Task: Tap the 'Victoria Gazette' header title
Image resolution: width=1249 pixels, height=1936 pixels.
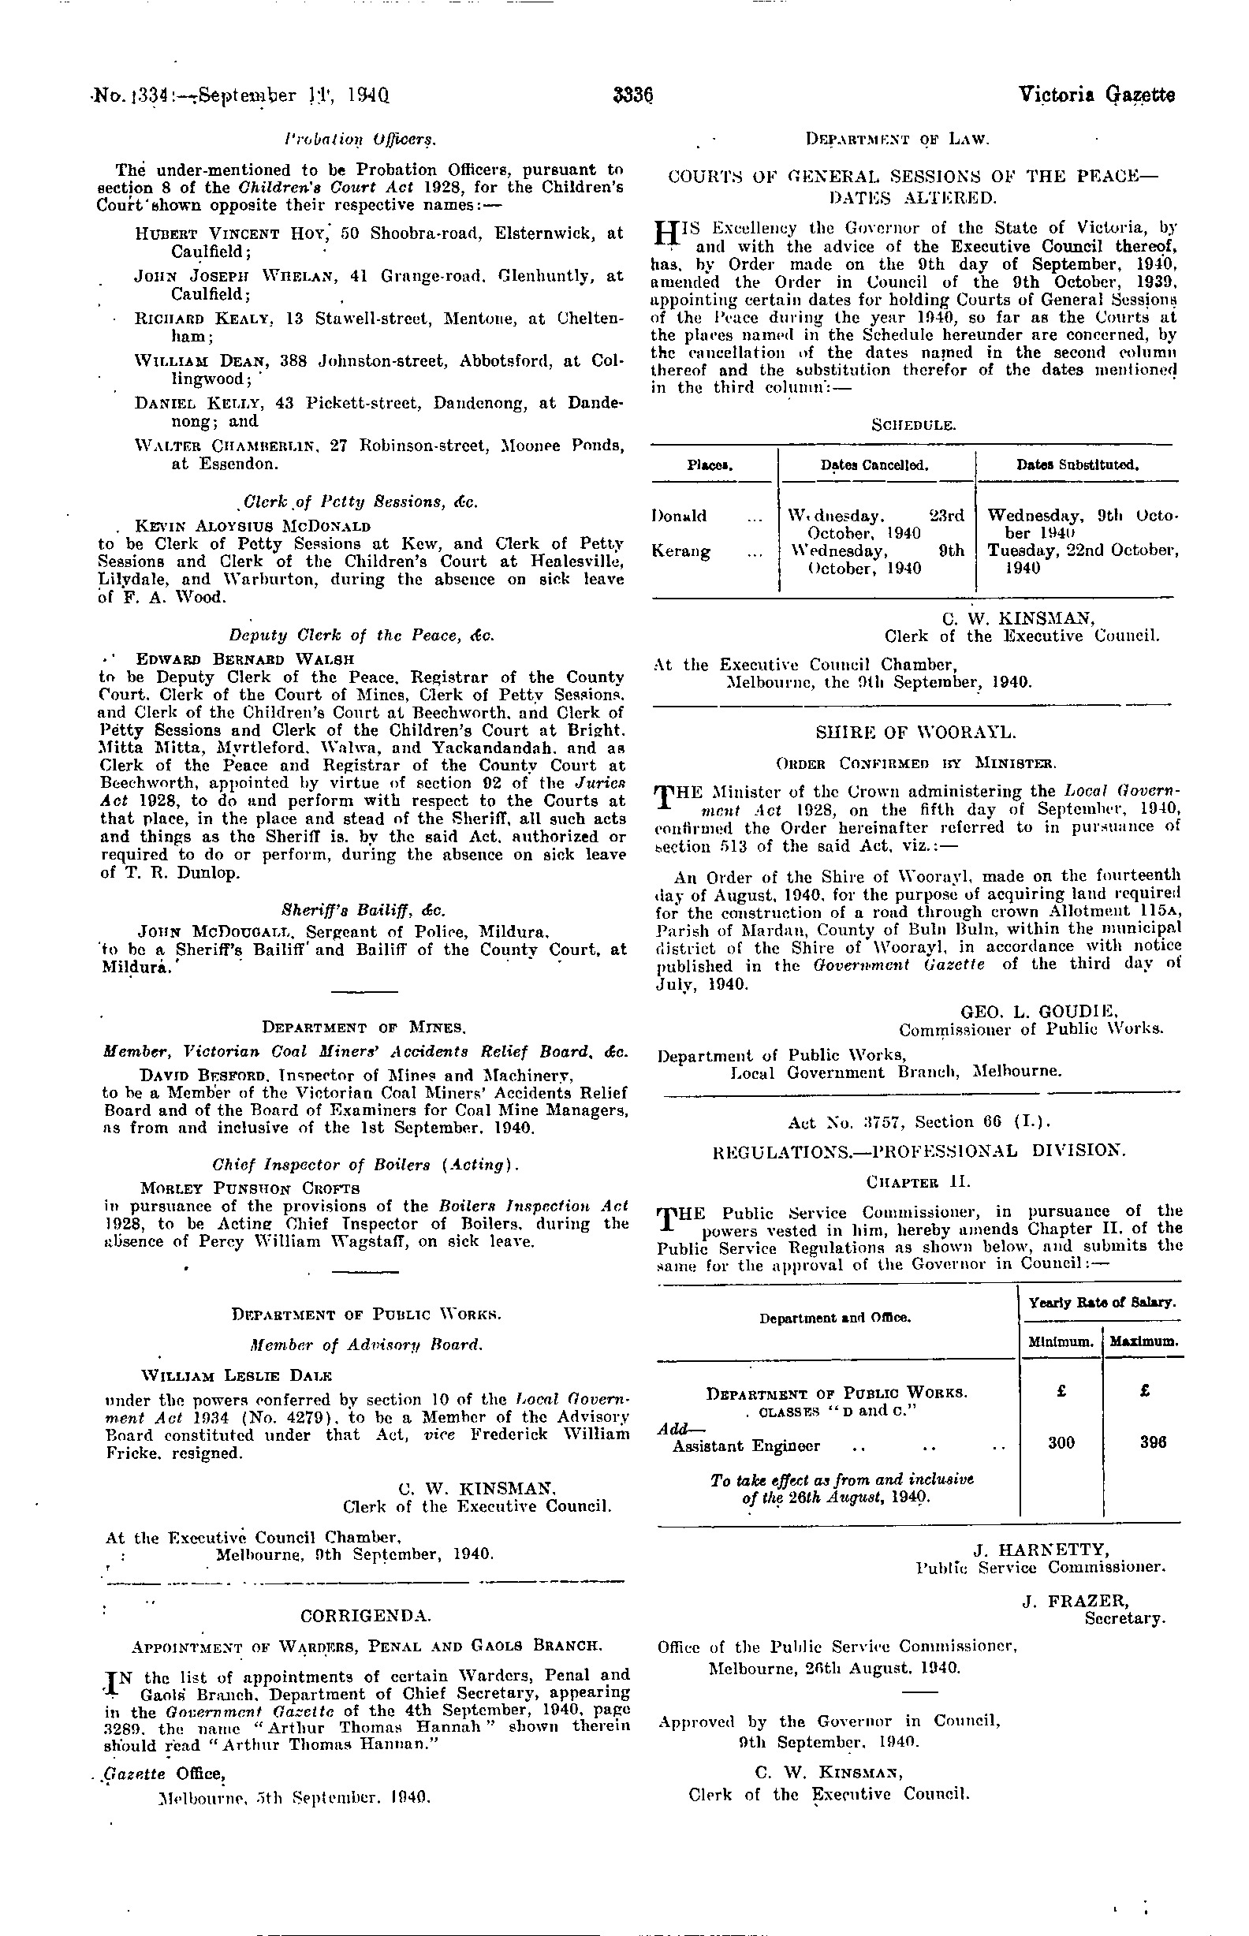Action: point(1097,95)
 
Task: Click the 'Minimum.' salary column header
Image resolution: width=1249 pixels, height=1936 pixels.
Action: point(1059,1341)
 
